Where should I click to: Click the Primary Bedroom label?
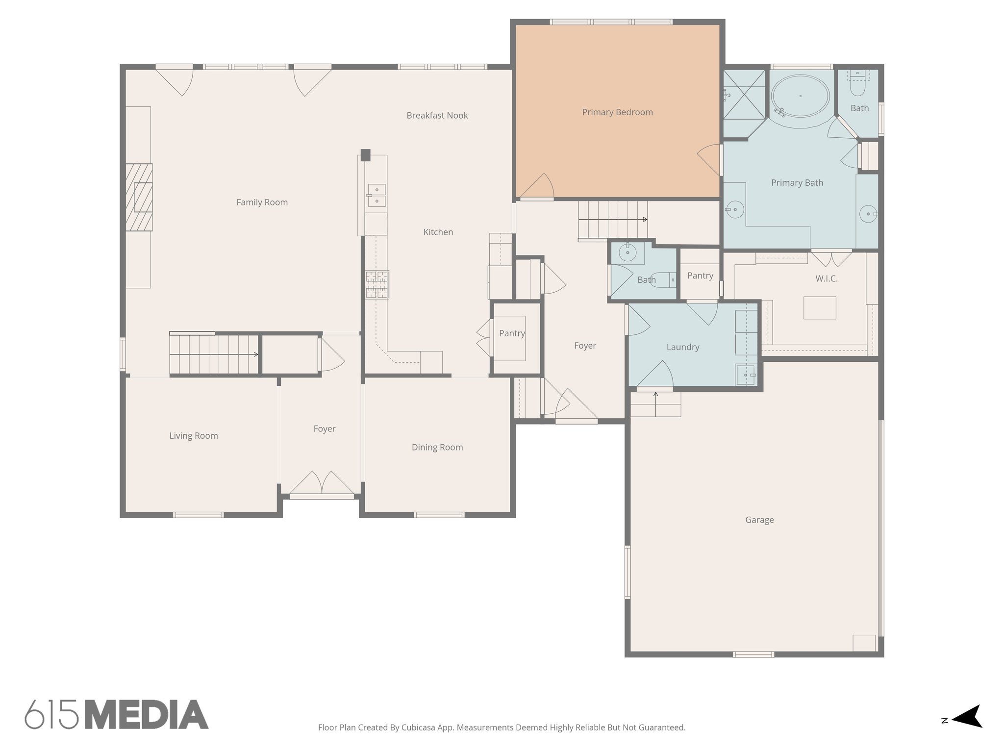tap(617, 112)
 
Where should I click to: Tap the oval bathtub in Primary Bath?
tap(801, 96)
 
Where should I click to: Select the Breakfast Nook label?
tap(437, 116)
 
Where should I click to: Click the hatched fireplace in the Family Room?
tap(139, 197)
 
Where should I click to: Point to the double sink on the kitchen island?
tap(376, 195)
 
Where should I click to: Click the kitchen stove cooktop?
tap(377, 285)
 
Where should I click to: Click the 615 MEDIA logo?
tap(117, 714)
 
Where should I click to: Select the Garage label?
tap(759, 520)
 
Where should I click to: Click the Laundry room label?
tap(682, 347)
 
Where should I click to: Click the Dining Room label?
tap(437, 447)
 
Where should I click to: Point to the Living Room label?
tap(194, 436)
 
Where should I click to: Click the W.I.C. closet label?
tap(827, 279)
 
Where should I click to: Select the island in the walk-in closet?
tap(820, 308)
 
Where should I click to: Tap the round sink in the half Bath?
tap(627, 253)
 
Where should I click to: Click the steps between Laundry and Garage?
tap(655, 404)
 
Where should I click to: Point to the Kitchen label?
tap(438, 232)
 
